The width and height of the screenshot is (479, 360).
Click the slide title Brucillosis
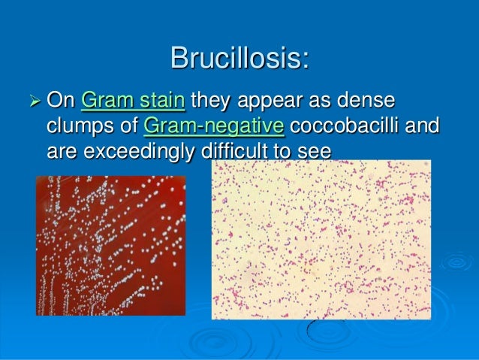tap(239, 57)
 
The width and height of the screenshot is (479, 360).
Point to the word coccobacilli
tap(342, 125)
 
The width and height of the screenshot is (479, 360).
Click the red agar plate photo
tap(110, 245)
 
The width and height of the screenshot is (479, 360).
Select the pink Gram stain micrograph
tap(321, 239)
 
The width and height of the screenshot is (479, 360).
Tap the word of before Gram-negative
tap(130, 125)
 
